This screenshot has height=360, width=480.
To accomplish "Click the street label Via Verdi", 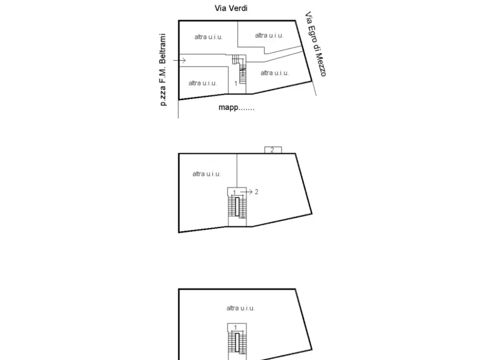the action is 231,8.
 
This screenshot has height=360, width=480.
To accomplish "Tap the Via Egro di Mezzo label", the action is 315,44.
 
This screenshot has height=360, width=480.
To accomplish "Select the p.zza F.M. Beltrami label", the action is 162,69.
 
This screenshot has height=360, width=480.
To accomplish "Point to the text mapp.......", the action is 228,108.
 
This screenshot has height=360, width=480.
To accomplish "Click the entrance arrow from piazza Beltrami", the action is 179,60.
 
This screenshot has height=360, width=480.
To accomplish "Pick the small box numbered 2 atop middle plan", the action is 273,150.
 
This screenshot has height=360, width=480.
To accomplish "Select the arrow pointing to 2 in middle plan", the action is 246,192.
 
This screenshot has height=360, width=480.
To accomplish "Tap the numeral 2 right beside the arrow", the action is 256,192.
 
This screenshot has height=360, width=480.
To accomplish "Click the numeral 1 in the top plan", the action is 235,83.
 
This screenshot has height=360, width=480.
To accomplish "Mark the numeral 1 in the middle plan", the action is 234,192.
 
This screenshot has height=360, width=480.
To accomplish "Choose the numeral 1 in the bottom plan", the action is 235,327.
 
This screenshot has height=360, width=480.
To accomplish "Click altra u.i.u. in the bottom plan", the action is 240,308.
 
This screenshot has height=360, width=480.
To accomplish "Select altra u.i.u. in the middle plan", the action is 206,174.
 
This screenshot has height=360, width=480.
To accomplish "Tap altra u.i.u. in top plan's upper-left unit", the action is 208,37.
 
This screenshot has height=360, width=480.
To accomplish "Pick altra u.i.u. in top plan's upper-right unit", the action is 269,35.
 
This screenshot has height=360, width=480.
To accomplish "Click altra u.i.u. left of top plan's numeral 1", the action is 202,83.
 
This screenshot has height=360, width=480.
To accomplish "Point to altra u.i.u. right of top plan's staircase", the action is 274,73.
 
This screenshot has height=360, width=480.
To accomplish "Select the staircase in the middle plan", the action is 237,207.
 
